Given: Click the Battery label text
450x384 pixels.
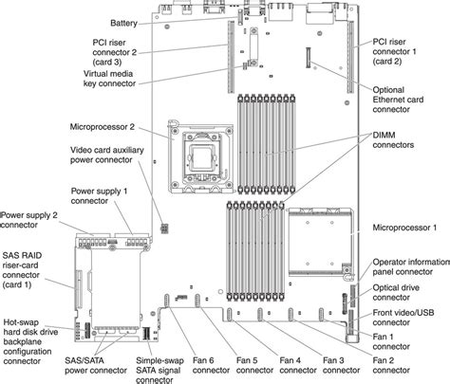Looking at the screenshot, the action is click(x=123, y=23).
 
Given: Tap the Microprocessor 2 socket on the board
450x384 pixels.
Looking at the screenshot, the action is click(x=201, y=157).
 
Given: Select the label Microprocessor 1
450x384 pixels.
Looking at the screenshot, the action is click(x=404, y=228).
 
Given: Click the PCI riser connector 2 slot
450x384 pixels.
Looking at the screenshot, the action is click(x=232, y=57).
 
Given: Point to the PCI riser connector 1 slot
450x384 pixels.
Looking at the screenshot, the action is click(x=350, y=57).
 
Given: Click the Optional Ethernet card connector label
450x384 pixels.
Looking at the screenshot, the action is click(x=398, y=100).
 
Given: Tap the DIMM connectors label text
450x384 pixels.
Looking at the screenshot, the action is click(x=393, y=140).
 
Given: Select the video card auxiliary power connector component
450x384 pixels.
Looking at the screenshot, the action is click(x=164, y=229).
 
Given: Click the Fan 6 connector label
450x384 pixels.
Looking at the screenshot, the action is click(x=211, y=365).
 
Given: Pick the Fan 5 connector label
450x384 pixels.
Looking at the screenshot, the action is click(x=254, y=365).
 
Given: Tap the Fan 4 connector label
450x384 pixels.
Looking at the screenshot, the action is click(x=298, y=365).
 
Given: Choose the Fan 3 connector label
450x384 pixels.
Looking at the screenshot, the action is click(x=341, y=365).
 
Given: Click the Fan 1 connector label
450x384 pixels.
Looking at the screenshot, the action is click(x=391, y=341).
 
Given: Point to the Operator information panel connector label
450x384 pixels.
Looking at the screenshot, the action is click(x=411, y=266).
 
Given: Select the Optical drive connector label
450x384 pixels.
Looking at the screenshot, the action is click(x=396, y=293).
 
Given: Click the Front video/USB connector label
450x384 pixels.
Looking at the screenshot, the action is click(x=403, y=318).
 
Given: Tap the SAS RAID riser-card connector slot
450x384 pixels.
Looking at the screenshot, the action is click(x=78, y=288).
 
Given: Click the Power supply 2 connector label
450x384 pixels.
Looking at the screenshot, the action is click(x=29, y=220).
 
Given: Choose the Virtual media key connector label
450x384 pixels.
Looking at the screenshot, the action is click(x=109, y=79).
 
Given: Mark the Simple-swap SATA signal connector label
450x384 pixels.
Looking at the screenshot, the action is click(x=159, y=370).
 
